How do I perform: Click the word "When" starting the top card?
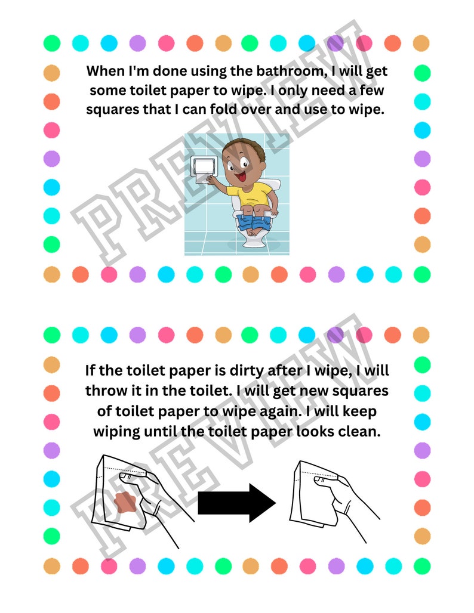(105, 71)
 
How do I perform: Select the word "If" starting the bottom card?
(91, 370)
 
